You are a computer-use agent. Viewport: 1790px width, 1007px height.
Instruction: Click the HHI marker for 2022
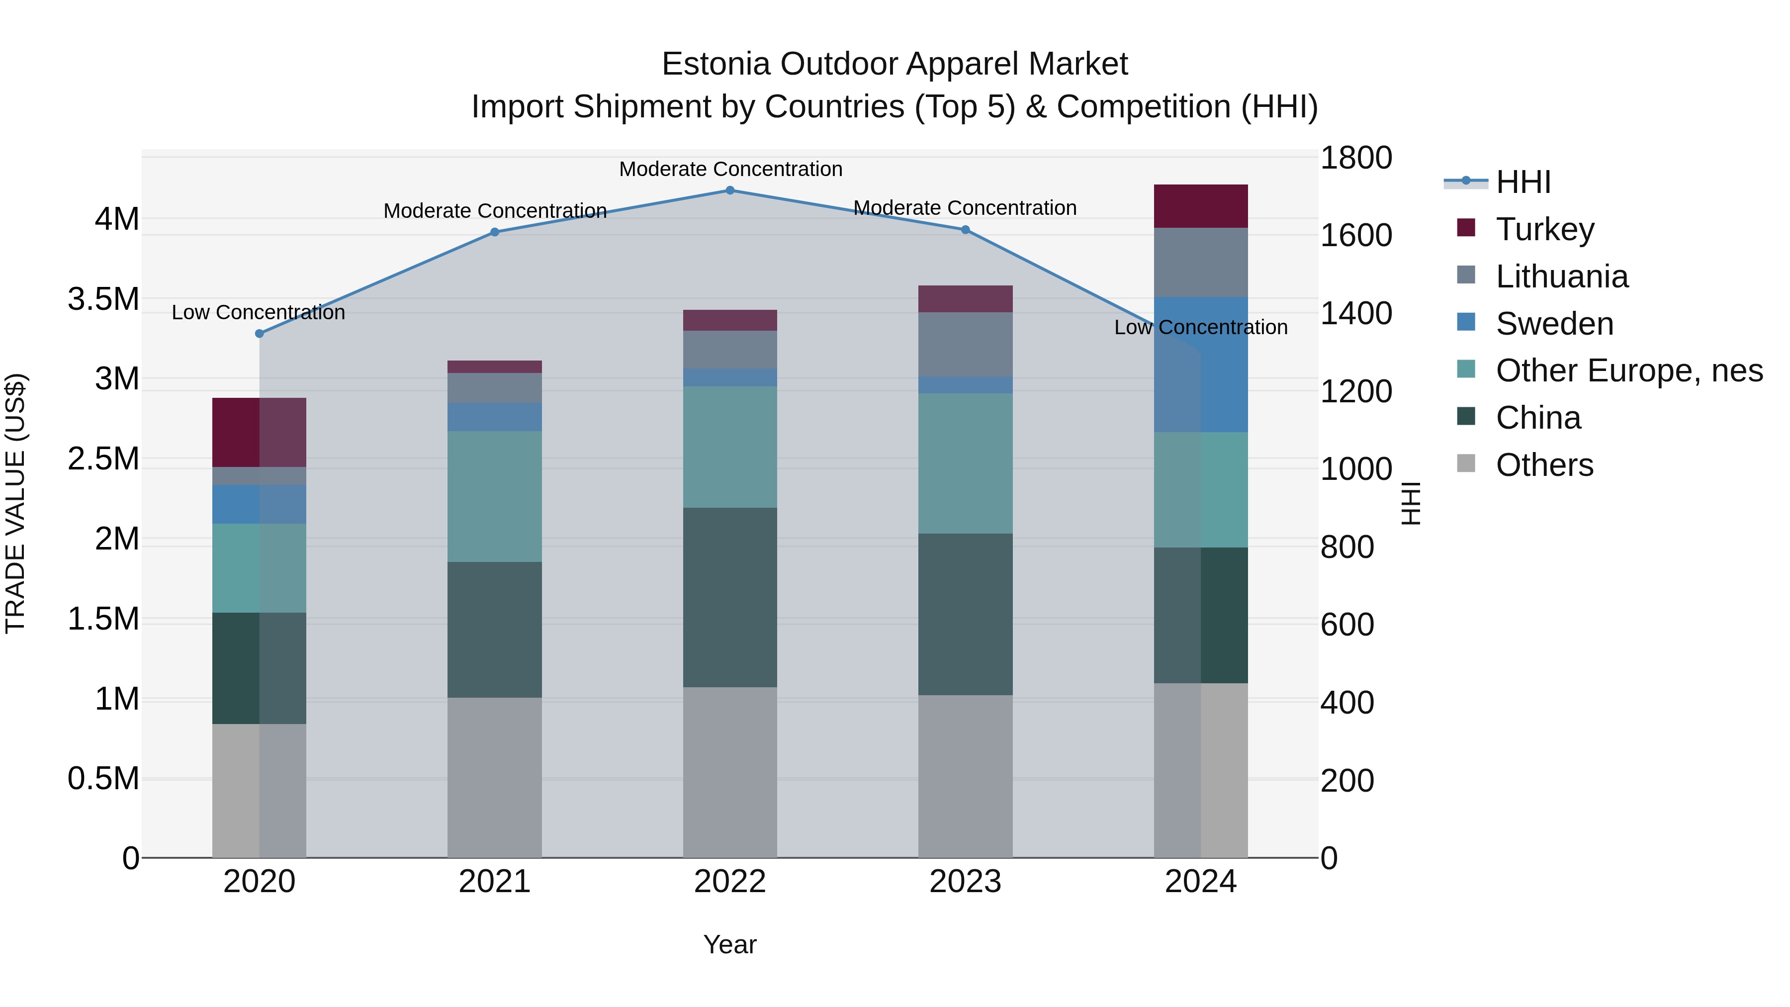pos(729,190)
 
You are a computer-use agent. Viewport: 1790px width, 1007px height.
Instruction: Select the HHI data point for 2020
pos(259,334)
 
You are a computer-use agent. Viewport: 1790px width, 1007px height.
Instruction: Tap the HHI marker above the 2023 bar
pos(965,230)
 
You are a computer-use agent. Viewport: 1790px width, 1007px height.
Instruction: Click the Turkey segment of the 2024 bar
pos(1200,206)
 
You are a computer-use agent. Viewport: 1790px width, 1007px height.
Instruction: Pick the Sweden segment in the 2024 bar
pos(1200,365)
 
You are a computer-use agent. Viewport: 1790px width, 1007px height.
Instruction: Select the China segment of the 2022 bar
pos(729,598)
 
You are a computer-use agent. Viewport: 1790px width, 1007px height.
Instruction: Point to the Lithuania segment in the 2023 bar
pos(965,345)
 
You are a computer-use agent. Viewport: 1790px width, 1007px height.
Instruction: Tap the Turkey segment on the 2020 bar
pos(259,432)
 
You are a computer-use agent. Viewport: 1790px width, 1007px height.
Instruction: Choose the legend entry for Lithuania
pos(1561,276)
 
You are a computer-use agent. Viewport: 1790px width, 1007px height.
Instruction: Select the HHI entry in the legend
pos(1522,182)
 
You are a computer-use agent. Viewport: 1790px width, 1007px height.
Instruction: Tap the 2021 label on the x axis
pos(494,882)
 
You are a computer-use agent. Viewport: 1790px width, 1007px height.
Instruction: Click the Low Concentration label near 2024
pos(1200,327)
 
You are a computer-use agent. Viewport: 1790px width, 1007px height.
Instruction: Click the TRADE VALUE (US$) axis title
pos(16,503)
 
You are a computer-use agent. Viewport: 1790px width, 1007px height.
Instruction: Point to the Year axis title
pos(729,944)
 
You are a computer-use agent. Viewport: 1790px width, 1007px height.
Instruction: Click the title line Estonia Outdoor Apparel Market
pos(895,64)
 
